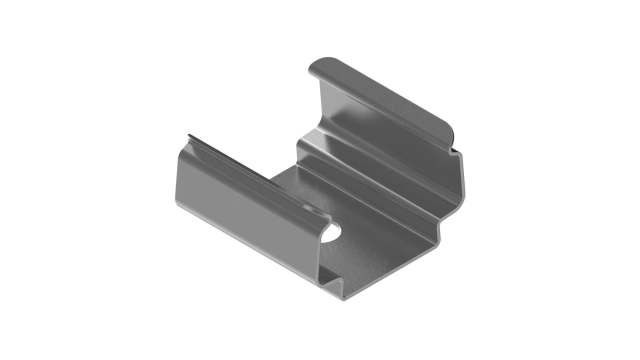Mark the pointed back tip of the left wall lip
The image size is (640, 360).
click(188, 134)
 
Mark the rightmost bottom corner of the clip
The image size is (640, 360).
click(440, 239)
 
